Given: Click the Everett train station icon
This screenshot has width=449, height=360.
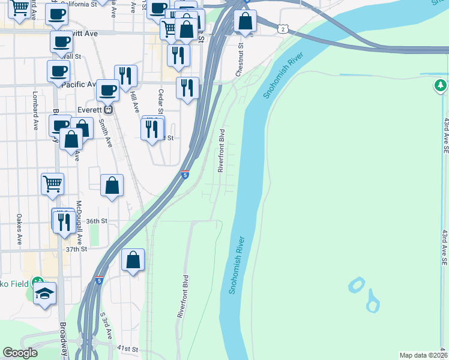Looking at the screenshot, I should [x=109, y=110].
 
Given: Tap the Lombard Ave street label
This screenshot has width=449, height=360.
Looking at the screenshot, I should [x=35, y=104].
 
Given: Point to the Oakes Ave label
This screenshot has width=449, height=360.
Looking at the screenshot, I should [x=19, y=230].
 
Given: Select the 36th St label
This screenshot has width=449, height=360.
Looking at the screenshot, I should [x=96, y=221].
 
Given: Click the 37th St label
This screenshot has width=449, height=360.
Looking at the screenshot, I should [x=76, y=248].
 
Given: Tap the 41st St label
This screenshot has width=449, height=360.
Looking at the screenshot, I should [x=127, y=348].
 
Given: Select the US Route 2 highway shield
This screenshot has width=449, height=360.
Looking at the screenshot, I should [x=282, y=28].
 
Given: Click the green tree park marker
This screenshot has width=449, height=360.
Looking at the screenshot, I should [x=441, y=86].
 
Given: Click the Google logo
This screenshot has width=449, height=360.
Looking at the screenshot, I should [x=20, y=353].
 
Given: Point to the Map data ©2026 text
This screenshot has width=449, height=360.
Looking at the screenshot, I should [x=424, y=355].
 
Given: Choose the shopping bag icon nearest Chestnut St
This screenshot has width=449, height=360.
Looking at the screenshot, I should [x=246, y=22].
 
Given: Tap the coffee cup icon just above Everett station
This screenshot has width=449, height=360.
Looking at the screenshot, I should [x=107, y=91].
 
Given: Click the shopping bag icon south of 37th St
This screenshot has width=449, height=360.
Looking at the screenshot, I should [x=133, y=260].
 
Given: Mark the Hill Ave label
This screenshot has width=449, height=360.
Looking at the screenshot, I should [x=135, y=100].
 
